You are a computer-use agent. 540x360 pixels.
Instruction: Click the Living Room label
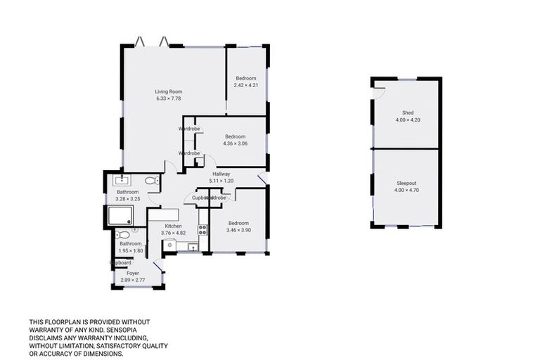[169, 91]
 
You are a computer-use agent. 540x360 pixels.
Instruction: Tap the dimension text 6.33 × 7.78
[169, 98]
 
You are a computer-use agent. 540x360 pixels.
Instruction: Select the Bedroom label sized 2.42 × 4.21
[245, 78]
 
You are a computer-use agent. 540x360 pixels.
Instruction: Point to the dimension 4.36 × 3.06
[235, 143]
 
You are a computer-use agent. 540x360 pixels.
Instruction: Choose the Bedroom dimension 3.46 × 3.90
[239, 230]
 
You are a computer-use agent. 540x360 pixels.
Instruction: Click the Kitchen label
[174, 226]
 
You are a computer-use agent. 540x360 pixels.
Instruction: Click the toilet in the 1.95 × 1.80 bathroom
[122, 235]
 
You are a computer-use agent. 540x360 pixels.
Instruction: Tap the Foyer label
[133, 273]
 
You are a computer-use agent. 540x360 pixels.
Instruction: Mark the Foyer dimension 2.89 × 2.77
[133, 280]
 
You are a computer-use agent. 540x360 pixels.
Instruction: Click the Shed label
[408, 112]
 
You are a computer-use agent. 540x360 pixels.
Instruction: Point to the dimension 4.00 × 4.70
[406, 190]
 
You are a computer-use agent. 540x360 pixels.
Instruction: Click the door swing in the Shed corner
[378, 86]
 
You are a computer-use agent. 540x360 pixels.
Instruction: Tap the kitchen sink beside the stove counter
[191, 246]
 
